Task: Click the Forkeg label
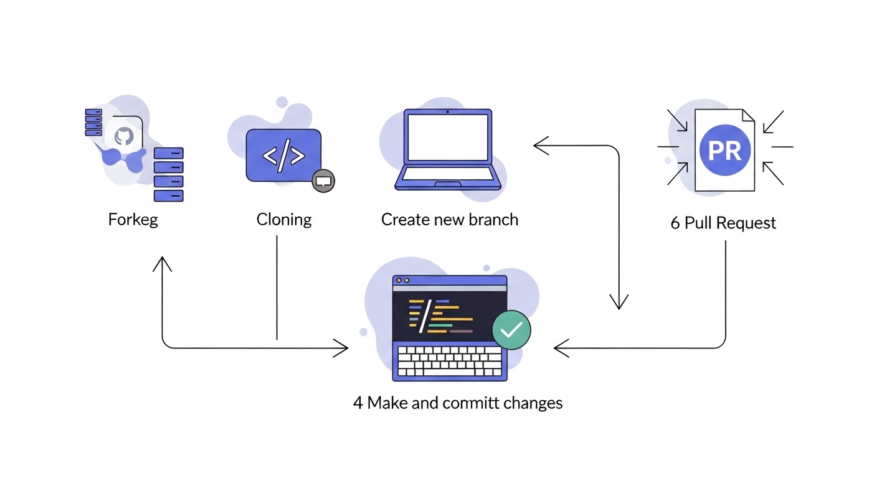click(x=133, y=220)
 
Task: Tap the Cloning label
click(x=284, y=220)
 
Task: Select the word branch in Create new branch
click(x=493, y=220)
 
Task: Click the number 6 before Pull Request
click(x=675, y=223)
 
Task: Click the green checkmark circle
click(x=511, y=330)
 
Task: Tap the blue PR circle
click(x=725, y=151)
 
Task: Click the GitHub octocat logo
click(x=124, y=136)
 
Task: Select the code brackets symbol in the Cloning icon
click(x=283, y=156)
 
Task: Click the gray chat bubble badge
click(x=323, y=181)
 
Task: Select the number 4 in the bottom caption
click(x=358, y=403)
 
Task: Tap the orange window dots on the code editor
click(x=402, y=281)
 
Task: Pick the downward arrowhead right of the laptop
click(x=619, y=303)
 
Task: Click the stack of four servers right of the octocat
click(x=168, y=174)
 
